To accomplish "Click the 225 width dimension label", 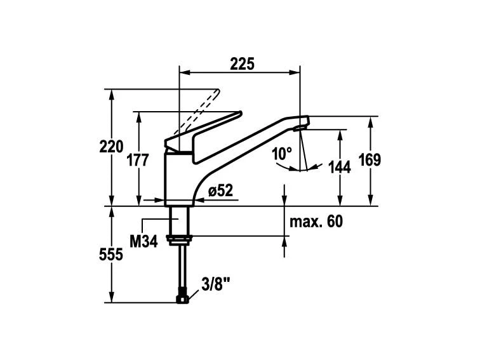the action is (x=242, y=63).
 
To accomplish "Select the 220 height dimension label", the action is (x=111, y=146).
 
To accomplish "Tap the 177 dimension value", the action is (x=138, y=160).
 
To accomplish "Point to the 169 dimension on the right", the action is (x=370, y=160).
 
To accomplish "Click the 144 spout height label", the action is (x=340, y=168).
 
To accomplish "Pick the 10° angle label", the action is (x=282, y=154).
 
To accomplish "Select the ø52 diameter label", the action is (x=220, y=190).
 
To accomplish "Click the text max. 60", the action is (x=316, y=222).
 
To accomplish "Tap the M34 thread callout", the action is (x=143, y=241).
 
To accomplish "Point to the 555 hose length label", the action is (x=111, y=255).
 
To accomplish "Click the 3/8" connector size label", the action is (x=216, y=284).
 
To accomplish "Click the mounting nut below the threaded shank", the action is (x=180, y=239).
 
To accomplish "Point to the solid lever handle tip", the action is (x=240, y=113).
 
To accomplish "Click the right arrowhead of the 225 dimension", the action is (x=294, y=72).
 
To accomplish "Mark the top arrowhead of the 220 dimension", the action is (x=112, y=95).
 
